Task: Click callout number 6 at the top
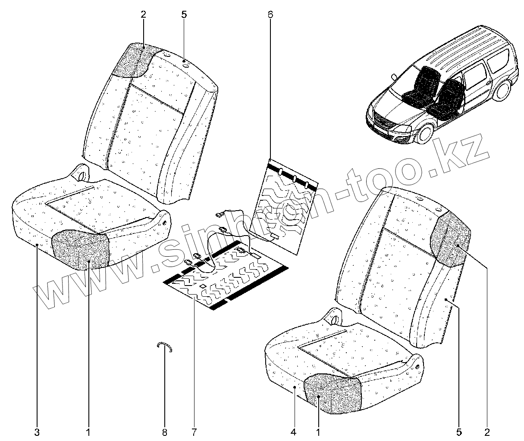[270, 14]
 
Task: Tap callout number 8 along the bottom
[164, 432]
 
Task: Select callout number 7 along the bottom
[194, 432]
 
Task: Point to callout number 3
[37, 432]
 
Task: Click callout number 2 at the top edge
[143, 14]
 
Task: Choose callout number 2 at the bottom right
[487, 432]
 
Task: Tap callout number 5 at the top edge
[184, 14]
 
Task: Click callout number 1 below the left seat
[88, 432]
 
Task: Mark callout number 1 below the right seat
[318, 432]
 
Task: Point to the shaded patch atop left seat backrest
[135, 60]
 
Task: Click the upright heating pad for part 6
[287, 207]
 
